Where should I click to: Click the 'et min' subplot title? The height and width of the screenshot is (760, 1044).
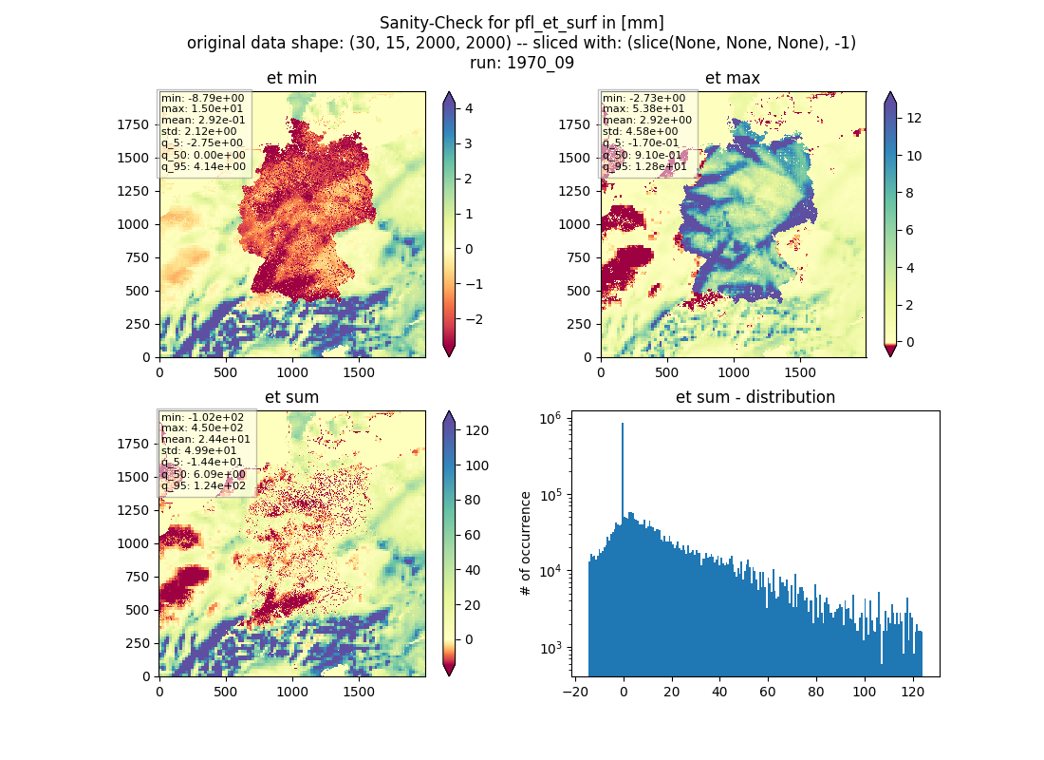tap(291, 78)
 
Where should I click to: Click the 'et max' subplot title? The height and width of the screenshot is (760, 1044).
tap(733, 78)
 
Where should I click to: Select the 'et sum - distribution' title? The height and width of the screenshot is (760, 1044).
tap(755, 397)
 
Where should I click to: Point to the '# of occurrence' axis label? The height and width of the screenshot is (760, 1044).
tap(526, 544)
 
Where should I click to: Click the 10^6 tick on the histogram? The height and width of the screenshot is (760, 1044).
tap(550, 419)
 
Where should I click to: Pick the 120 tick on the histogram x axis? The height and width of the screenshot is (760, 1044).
tap(912, 692)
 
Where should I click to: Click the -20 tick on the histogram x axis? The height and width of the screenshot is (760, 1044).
tap(575, 692)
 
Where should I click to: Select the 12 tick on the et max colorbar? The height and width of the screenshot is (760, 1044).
tap(914, 118)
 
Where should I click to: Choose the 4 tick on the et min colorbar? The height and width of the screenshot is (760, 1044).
tap(469, 108)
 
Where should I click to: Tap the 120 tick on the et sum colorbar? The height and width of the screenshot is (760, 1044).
tap(476, 430)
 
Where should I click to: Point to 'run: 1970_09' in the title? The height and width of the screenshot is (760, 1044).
tap(521, 63)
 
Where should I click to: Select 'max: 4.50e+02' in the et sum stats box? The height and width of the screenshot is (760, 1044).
tap(202, 428)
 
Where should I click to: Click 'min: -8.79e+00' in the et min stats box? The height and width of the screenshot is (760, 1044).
tap(202, 98)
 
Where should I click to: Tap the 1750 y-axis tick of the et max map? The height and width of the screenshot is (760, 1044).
tap(574, 124)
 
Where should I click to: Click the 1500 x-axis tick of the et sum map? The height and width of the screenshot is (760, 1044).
tap(358, 692)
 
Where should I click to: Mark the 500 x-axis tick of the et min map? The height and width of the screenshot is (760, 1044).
tap(226, 372)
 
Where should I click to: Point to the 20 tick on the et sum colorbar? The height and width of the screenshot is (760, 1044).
tap(473, 605)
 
